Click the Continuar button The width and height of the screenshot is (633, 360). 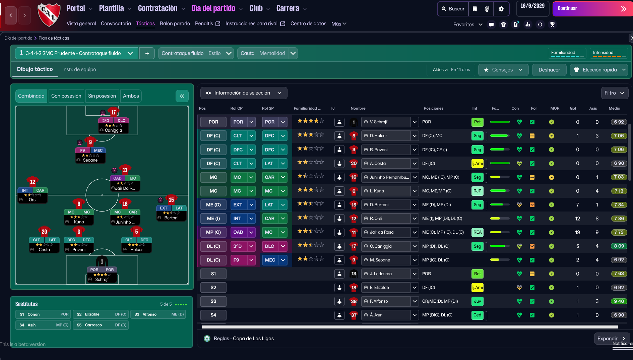tap(591, 9)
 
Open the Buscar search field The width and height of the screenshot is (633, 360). tap(453, 9)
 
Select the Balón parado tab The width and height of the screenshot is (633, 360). tap(175, 23)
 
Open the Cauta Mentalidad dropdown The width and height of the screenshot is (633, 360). tap(268, 53)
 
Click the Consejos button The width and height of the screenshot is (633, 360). tap(503, 70)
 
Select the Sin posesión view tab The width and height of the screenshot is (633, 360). tap(102, 96)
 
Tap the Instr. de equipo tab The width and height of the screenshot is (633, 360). tap(79, 69)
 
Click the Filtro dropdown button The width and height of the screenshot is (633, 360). tap(614, 93)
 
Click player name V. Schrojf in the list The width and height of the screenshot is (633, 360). tap(379, 122)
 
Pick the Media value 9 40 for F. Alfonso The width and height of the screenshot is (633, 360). tap(619, 301)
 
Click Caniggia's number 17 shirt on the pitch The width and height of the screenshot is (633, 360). tap(113, 112)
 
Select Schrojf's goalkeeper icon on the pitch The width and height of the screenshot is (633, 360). tap(102, 261)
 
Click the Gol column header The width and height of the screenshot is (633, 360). tap(573, 108)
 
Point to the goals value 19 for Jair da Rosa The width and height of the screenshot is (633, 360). tap(577, 232)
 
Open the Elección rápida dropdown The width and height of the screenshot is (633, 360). tap(599, 70)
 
